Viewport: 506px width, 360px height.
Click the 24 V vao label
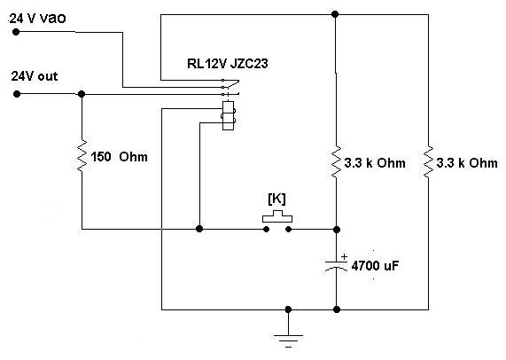pos(37,18)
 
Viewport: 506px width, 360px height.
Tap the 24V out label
pos(35,76)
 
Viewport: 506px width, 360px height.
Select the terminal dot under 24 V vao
pos(16,32)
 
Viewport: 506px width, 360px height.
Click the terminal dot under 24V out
pos(17,94)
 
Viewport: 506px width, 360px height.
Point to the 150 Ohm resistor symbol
pos(82,156)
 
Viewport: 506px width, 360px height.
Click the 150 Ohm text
pos(119,157)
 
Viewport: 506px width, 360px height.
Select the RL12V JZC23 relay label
pos(228,64)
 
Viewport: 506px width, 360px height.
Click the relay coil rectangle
pos(228,115)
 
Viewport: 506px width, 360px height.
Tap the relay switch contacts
pos(230,87)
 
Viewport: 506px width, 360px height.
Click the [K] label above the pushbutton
pos(276,199)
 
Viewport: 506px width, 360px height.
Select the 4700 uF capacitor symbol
pos(336,266)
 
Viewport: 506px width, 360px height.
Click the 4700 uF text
pos(375,266)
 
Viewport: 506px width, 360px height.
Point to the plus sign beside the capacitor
pos(345,256)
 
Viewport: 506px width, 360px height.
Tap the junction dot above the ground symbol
pos(288,309)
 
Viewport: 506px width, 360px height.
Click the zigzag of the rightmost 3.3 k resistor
pos(428,161)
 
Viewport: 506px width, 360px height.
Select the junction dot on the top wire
pos(335,14)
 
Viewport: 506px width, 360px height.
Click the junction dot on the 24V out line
pos(82,94)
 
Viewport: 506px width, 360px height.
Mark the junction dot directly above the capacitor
pos(337,230)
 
